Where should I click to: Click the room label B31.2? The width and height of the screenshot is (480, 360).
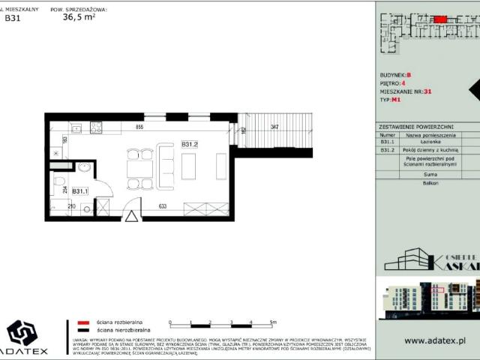(x=189, y=143)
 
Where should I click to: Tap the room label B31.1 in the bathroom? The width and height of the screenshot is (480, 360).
(x=80, y=191)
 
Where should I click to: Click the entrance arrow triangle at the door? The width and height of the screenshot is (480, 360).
(x=132, y=217)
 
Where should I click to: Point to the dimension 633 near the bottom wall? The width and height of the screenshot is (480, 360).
(x=162, y=206)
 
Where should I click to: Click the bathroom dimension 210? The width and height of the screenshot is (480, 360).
(x=72, y=206)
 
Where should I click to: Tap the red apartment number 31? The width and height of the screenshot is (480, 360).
(x=427, y=91)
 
